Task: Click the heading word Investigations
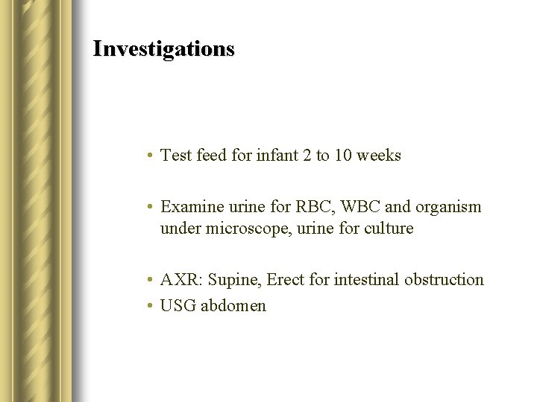point(163,49)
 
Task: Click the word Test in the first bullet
point(176,156)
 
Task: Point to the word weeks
point(379,156)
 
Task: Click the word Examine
point(190,206)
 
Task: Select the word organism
point(450,206)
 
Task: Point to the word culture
point(389,229)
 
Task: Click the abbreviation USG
point(178,306)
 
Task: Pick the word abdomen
point(233,306)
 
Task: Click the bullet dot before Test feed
point(150,156)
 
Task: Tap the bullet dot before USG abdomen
point(150,307)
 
